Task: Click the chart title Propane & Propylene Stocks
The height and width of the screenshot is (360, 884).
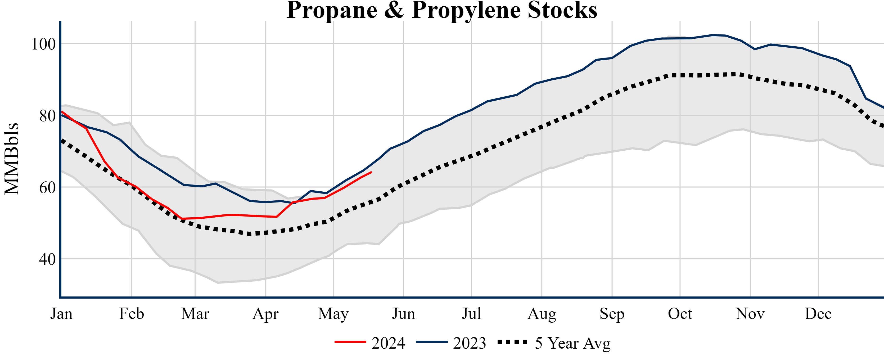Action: [442, 10]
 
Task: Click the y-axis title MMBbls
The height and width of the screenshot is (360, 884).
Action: [12, 159]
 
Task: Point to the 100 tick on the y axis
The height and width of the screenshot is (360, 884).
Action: [43, 44]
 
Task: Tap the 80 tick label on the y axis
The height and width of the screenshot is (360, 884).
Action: [47, 116]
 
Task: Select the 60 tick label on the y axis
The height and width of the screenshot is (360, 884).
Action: [47, 188]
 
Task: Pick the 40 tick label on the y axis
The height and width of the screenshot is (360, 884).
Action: [47, 259]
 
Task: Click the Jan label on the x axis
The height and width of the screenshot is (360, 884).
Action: [61, 314]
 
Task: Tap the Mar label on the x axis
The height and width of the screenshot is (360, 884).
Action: [195, 314]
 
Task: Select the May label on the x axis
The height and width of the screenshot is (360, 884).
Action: [333, 314]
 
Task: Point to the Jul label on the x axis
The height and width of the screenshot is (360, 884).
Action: [472, 314]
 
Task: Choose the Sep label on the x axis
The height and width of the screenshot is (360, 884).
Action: [612, 314]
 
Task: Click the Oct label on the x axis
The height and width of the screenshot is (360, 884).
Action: [680, 314]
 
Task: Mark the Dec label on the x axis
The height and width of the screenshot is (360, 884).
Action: [818, 314]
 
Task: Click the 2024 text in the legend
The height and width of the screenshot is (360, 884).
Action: [388, 343]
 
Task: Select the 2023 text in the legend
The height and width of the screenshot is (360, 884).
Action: [470, 343]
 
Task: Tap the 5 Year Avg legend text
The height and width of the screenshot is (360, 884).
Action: [573, 343]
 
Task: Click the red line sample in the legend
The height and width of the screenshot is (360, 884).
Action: [350, 342]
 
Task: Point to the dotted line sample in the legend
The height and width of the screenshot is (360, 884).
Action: [512, 342]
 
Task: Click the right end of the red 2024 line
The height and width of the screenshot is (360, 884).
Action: [372, 172]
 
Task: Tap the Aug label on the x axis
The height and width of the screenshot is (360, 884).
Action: [542, 314]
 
